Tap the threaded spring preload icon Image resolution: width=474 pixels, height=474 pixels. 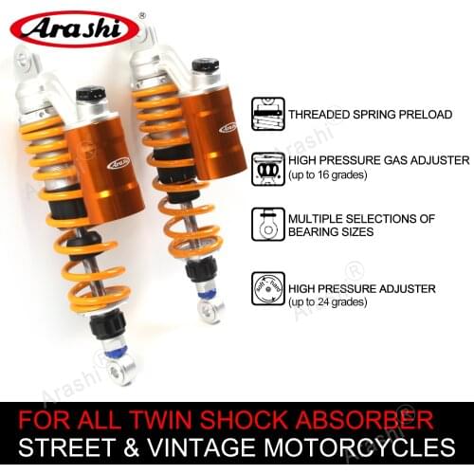(267, 112)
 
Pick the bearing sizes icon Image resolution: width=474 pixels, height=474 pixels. (267, 226)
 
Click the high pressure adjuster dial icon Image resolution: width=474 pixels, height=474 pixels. (267, 288)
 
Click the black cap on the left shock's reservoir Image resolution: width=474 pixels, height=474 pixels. (91, 94)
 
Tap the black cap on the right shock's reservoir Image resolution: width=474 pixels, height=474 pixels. (205, 65)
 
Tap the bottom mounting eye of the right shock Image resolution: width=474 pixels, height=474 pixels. (210, 310)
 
